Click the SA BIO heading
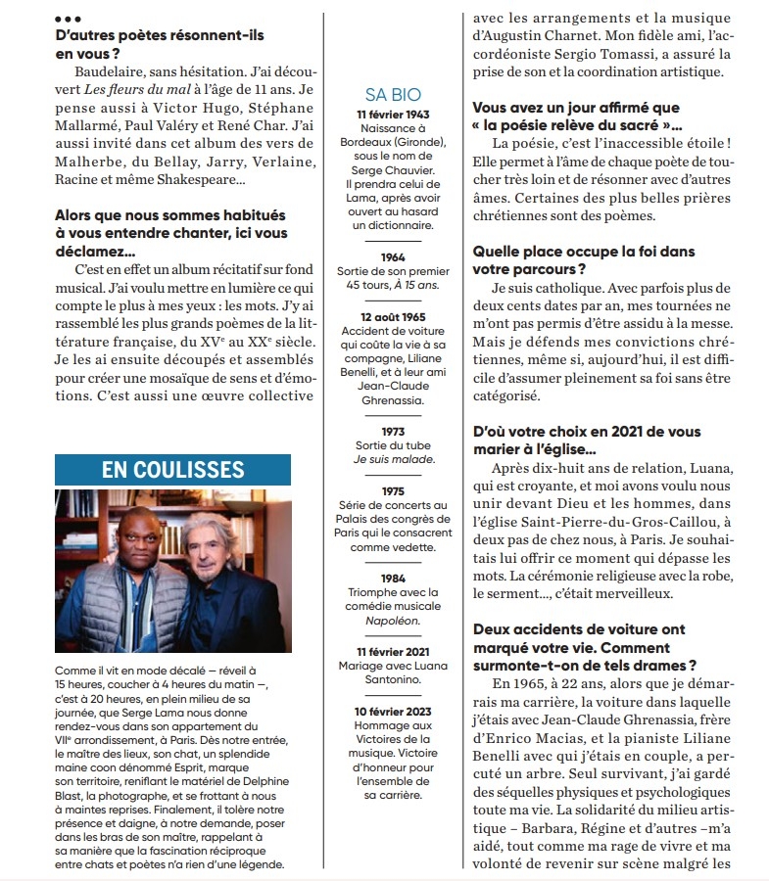pos(393,94)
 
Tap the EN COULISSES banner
pos(172,470)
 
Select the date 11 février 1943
pos(393,115)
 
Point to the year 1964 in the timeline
pos(393,257)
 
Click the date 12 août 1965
pos(393,317)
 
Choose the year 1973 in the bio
pos(393,431)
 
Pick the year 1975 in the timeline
pos(393,491)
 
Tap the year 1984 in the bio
pos(393,579)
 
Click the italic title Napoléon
pos(393,621)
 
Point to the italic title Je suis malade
pos(393,459)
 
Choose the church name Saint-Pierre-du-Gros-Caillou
pos(613,524)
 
